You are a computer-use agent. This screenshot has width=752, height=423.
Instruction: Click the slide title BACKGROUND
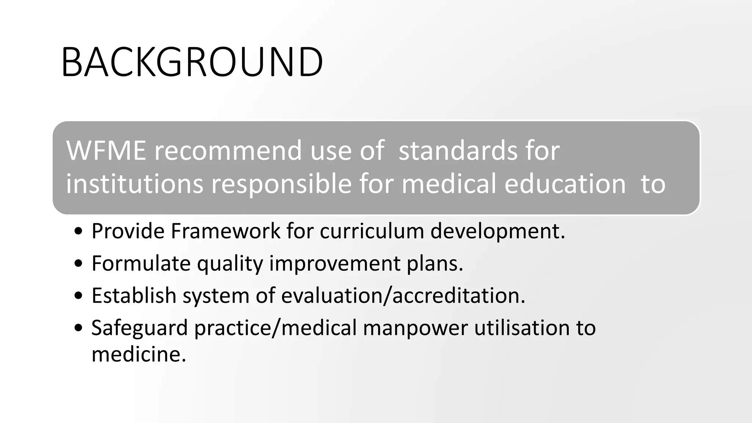pos(192,62)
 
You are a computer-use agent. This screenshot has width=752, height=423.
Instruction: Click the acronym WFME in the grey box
pos(106,150)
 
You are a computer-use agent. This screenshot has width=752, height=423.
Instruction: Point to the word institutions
pos(134,184)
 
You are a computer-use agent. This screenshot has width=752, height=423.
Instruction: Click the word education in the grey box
pos(565,184)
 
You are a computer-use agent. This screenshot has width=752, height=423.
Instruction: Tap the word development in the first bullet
pos(497,231)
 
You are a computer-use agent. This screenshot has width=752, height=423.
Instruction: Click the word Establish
pos(134,295)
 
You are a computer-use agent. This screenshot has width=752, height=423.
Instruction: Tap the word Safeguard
pos(140,328)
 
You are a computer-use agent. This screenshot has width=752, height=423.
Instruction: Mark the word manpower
pos(415,328)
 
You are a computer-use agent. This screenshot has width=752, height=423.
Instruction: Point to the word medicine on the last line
pos(138,354)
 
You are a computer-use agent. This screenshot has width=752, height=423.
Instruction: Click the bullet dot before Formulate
pos(78,264)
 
